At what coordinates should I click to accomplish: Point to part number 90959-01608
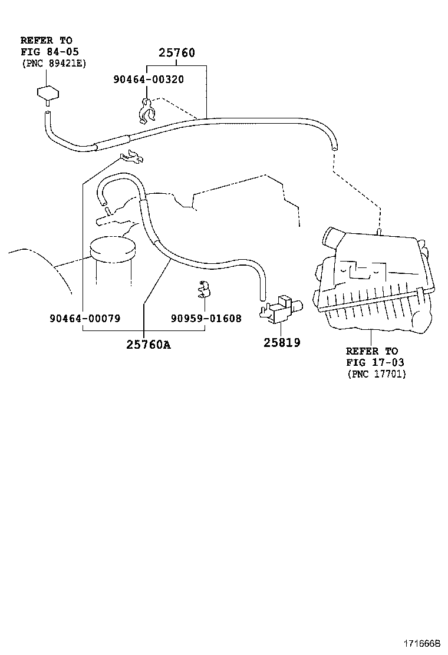206,318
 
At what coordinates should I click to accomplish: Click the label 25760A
148,345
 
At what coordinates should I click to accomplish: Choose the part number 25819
281,342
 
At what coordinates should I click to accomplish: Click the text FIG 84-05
45,52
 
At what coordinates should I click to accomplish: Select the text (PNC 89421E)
53,63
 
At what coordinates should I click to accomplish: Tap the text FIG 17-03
375,362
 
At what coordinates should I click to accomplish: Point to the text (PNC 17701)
376,374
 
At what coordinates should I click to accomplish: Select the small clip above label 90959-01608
204,289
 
